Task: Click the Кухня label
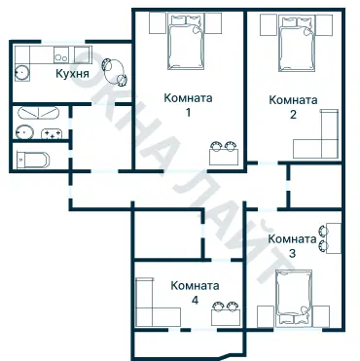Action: [73, 74]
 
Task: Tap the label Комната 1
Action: [189, 105]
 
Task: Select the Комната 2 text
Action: [293, 107]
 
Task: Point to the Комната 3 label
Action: [292, 245]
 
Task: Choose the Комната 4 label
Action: [195, 293]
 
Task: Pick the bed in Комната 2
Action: [294, 42]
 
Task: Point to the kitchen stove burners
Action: [60, 54]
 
